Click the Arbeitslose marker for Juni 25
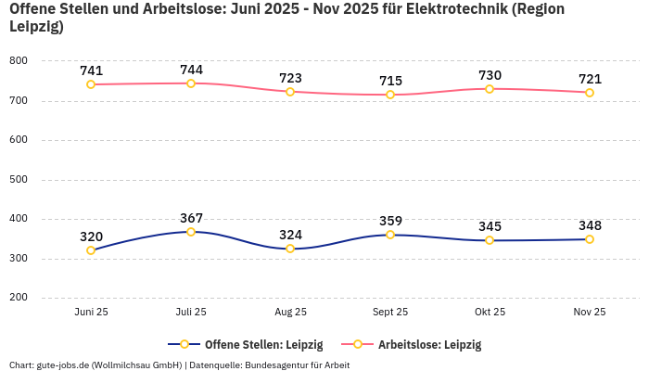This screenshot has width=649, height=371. coord(91,84)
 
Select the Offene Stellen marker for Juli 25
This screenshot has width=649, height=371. coord(191,232)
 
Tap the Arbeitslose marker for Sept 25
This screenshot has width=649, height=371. coord(390,95)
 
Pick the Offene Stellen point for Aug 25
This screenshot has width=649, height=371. coord(290,249)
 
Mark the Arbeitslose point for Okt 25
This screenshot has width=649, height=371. coord(490,89)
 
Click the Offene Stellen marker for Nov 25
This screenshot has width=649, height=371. coord(590,239)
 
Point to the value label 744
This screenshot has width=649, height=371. coord(191,70)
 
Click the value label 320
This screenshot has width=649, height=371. coord(91,237)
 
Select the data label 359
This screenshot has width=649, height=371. coord(390,221)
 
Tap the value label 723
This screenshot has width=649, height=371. coord(290,78)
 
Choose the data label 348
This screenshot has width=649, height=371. coord(590,225)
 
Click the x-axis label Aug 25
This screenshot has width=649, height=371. coord(290,313)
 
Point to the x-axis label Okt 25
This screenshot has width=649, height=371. coord(490,313)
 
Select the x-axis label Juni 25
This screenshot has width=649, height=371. coord(91,313)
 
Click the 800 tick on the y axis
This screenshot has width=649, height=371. coord(19,60)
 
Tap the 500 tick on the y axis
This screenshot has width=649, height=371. coord(19,179)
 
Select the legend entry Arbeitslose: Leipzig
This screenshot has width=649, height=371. coord(429,344)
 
